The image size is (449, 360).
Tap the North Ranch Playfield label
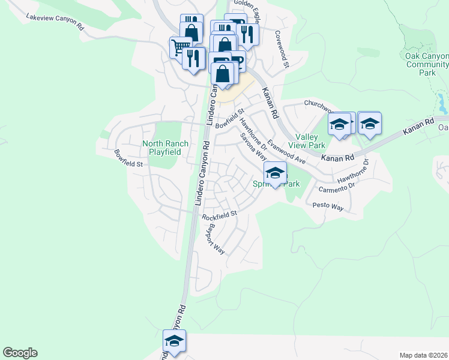tap(165, 148)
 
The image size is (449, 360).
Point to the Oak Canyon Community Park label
tap(427, 64)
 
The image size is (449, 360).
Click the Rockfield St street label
tap(220, 214)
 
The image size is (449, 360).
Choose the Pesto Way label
tap(328, 206)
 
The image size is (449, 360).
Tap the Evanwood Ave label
tap(287, 152)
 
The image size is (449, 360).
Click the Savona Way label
tap(253, 146)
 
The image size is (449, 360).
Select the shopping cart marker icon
tap(180, 46)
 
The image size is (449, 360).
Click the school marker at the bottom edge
tap(174, 341)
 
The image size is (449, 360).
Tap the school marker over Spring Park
tap(275, 173)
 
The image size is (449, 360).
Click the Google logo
tap(20, 353)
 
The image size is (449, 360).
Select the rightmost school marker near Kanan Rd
tap(370, 124)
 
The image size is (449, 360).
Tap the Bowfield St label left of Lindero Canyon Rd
tap(130, 159)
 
